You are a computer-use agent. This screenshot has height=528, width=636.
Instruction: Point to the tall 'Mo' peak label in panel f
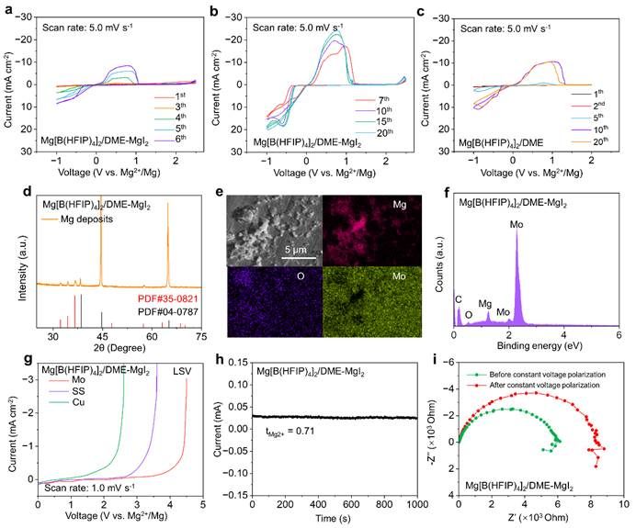tap(517, 221)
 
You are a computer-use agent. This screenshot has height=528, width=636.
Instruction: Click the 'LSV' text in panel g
tap(184, 370)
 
